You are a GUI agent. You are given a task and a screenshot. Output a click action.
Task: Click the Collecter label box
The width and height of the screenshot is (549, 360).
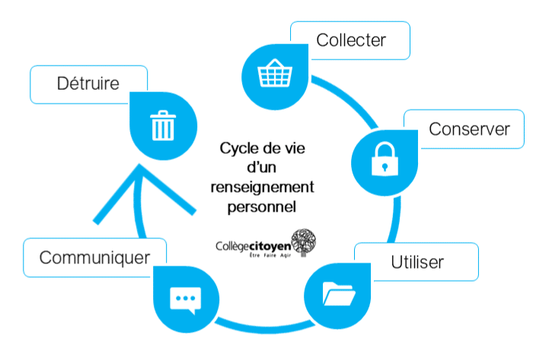[351, 40]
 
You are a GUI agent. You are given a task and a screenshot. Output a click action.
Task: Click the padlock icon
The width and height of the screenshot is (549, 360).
[383, 159]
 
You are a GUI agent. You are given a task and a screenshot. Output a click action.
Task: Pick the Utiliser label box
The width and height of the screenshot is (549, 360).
[417, 263]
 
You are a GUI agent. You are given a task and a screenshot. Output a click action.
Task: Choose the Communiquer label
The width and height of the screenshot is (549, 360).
[94, 257]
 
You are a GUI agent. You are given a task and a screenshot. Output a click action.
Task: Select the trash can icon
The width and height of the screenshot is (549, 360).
[162, 126]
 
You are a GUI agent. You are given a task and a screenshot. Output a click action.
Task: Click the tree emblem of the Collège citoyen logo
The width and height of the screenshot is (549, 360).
[303, 241]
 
